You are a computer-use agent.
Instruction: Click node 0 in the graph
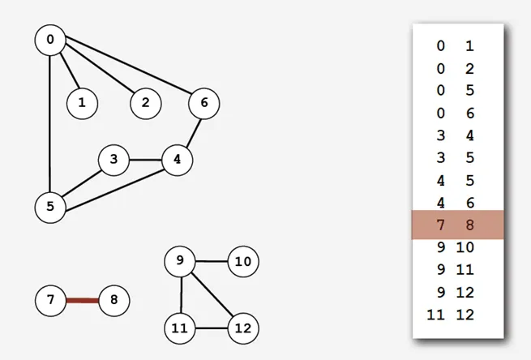[50, 40]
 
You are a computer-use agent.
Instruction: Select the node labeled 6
[203, 103]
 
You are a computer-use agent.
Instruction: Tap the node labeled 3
[113, 161]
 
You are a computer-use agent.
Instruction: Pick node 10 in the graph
[243, 261]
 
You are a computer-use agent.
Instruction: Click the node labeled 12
[243, 328]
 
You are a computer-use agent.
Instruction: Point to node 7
[50, 301]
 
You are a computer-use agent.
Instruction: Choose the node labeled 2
[146, 103]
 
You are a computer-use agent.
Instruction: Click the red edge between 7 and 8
[83, 301]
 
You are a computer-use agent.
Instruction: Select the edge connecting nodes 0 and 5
[49, 124]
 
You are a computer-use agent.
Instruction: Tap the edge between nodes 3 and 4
[146, 160]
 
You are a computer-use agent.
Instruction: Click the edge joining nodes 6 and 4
[194, 133]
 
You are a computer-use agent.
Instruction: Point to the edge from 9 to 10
[212, 261]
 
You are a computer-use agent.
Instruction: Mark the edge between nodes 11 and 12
[212, 328]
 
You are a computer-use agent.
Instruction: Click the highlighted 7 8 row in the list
[457, 225]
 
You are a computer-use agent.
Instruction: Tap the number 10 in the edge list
[465, 247]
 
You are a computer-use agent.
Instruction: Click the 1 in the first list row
[469, 45]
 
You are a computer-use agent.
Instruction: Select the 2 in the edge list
[469, 69]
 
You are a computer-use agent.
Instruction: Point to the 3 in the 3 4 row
[440, 135]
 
